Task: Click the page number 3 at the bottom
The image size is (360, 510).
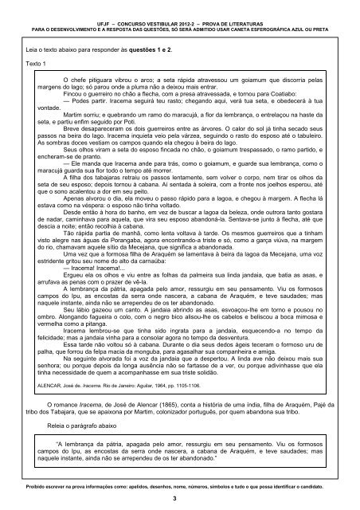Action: tap(180, 496)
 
